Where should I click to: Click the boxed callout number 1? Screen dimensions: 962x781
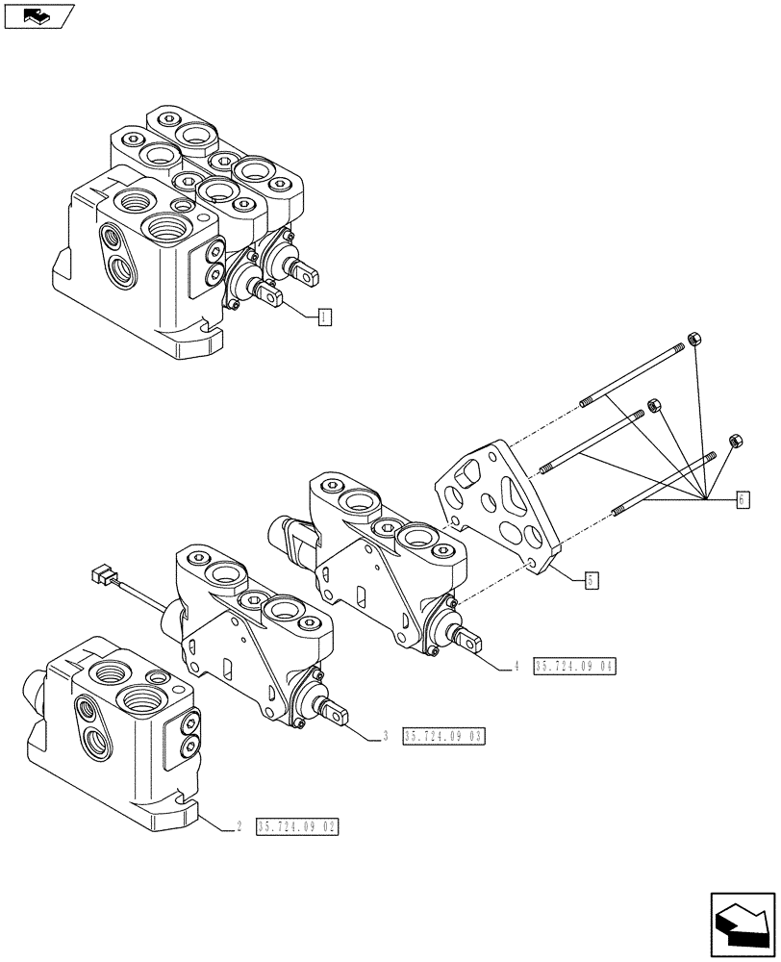point(325,316)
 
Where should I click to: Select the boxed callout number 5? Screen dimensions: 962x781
point(592,579)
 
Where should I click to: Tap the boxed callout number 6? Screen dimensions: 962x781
point(743,499)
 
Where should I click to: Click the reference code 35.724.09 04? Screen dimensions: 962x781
point(573,666)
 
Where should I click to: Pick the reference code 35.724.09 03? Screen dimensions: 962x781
point(444,737)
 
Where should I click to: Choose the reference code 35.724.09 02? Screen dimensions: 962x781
point(298,827)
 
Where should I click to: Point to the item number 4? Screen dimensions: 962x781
point(516,666)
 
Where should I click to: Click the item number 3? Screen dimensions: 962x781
point(385,737)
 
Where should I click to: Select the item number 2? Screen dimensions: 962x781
point(237,827)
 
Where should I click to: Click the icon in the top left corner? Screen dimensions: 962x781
point(38,15)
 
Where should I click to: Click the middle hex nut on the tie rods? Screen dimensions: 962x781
point(654,406)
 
